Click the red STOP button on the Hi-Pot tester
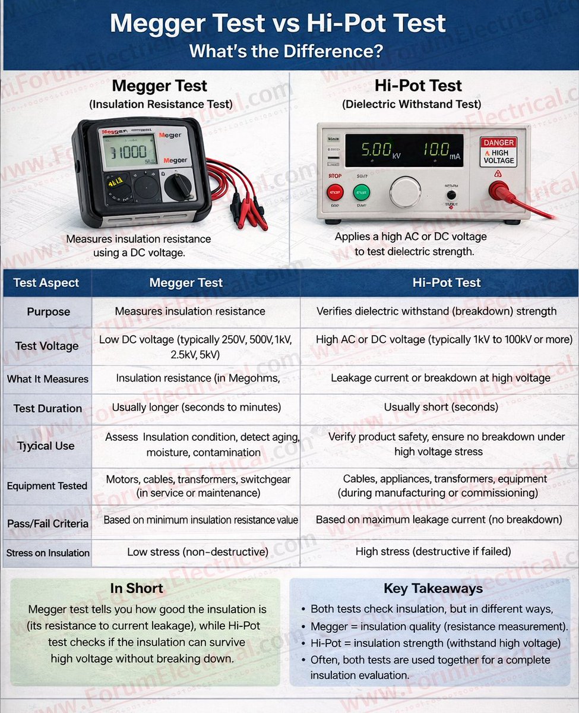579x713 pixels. pos(336,192)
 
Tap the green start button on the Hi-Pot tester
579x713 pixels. pos(362,192)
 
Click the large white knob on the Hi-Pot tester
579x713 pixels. pos(406,192)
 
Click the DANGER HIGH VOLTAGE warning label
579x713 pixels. pos(499,151)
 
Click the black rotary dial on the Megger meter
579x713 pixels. pos(178,187)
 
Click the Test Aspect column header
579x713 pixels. pos(46,283)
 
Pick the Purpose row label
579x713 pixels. pos(49,312)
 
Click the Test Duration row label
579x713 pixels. pos(48,408)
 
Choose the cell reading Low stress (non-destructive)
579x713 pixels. pos(198,552)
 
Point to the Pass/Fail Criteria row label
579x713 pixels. pos(48,523)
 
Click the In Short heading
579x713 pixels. pos(137,588)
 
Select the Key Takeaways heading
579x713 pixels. pos(433,588)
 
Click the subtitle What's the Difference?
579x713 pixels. pos(286,51)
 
